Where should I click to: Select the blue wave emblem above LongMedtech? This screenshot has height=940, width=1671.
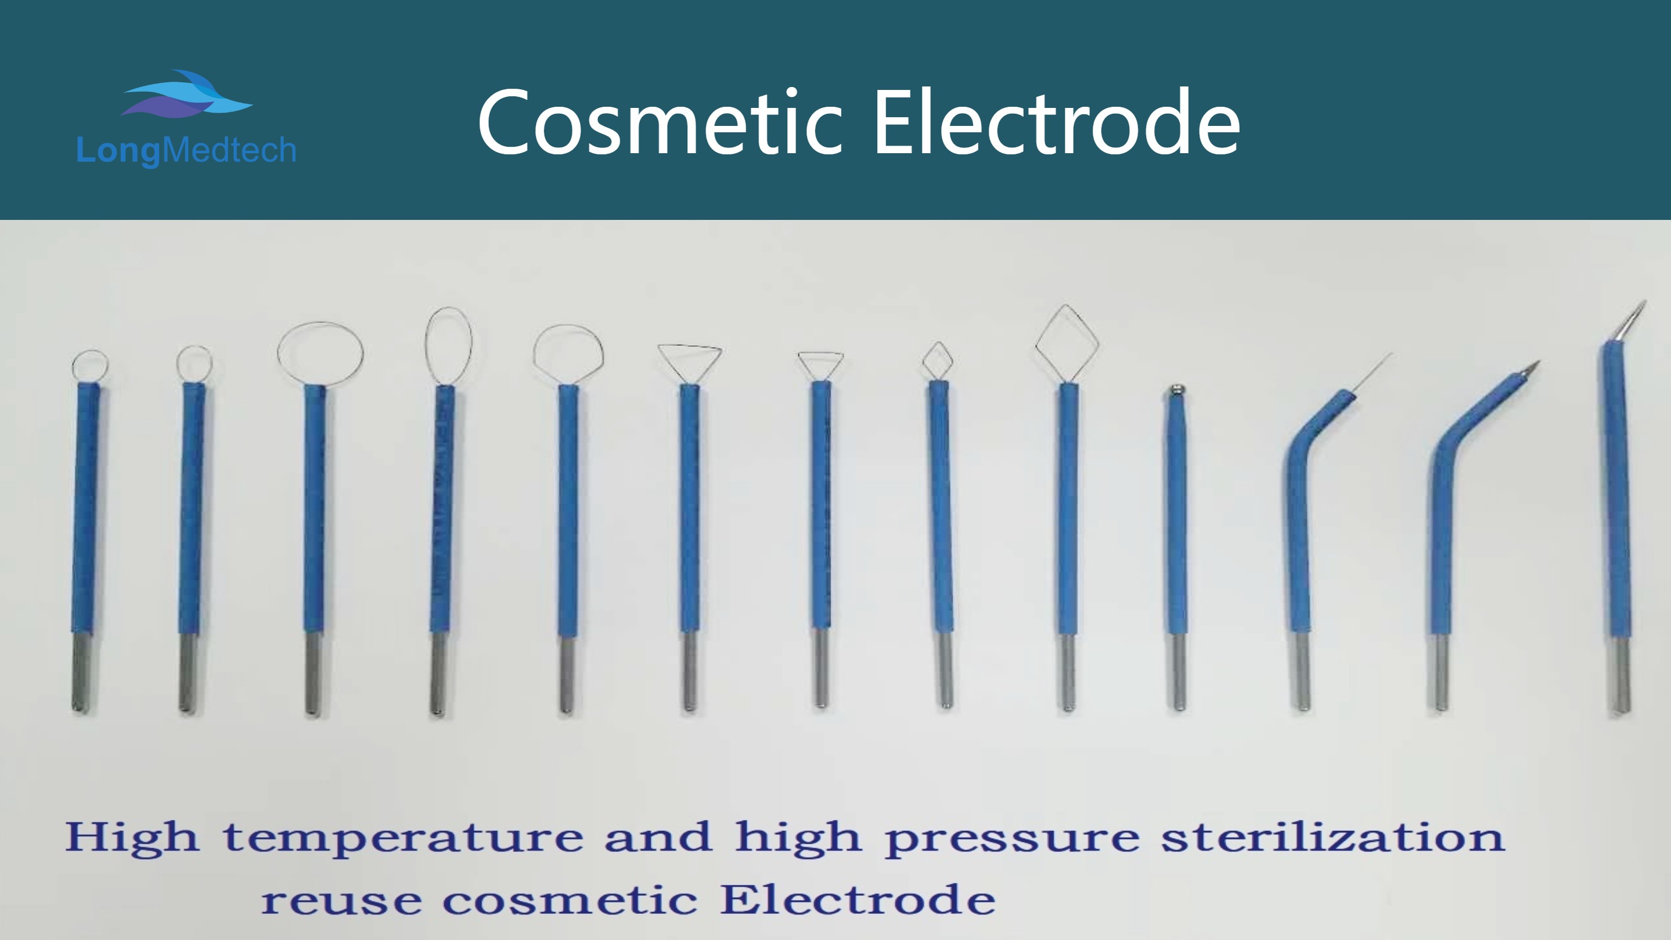(x=186, y=94)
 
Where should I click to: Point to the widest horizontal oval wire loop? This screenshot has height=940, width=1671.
(x=279, y=354)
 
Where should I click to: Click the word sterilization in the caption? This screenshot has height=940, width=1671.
(x=1333, y=837)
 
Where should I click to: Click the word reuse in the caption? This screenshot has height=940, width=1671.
(x=341, y=901)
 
